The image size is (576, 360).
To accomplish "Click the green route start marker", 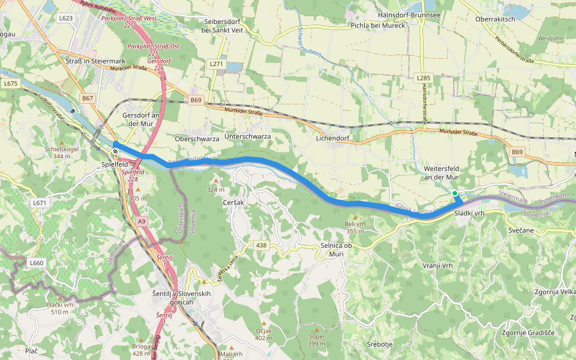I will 455,193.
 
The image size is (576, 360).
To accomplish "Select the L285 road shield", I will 423,78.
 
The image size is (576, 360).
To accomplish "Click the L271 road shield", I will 216,64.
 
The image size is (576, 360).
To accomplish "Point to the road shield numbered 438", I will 261,245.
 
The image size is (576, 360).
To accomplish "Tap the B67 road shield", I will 88,98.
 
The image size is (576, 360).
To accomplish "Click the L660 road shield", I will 36,262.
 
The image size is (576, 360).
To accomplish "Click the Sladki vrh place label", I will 469,214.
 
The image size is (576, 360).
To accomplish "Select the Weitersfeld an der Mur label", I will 441,173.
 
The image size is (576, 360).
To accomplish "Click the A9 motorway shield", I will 142,221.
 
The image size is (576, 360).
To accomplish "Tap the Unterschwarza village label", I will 247,137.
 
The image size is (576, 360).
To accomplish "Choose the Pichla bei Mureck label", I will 378,26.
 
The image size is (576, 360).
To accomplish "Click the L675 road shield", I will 10,84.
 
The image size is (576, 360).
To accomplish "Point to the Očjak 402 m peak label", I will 264,335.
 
